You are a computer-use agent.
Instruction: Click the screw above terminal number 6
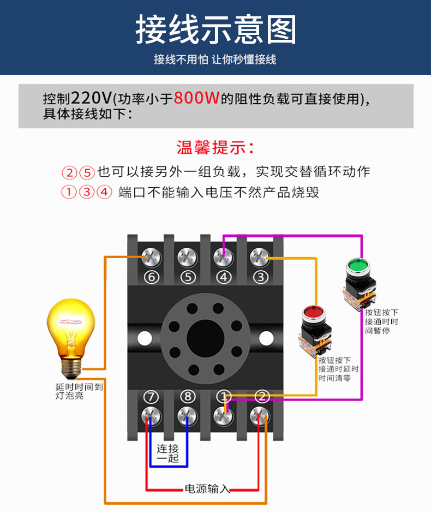(x=151, y=255)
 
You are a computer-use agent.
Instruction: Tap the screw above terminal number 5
(x=187, y=255)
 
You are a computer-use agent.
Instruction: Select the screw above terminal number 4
(x=223, y=255)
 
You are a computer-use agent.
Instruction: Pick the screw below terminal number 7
(x=151, y=416)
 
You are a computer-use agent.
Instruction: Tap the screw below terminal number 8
(x=187, y=416)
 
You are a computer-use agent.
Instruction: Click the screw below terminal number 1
(x=224, y=416)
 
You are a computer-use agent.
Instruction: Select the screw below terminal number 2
(x=260, y=416)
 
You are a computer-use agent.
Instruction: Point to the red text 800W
(x=196, y=98)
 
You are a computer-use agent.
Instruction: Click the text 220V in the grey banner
(x=91, y=98)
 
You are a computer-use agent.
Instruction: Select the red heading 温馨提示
(x=215, y=147)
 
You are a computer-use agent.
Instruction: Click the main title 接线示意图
(x=215, y=29)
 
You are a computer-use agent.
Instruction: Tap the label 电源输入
(x=207, y=488)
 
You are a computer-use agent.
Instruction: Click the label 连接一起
(x=168, y=454)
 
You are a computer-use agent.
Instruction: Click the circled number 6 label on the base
(x=151, y=277)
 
